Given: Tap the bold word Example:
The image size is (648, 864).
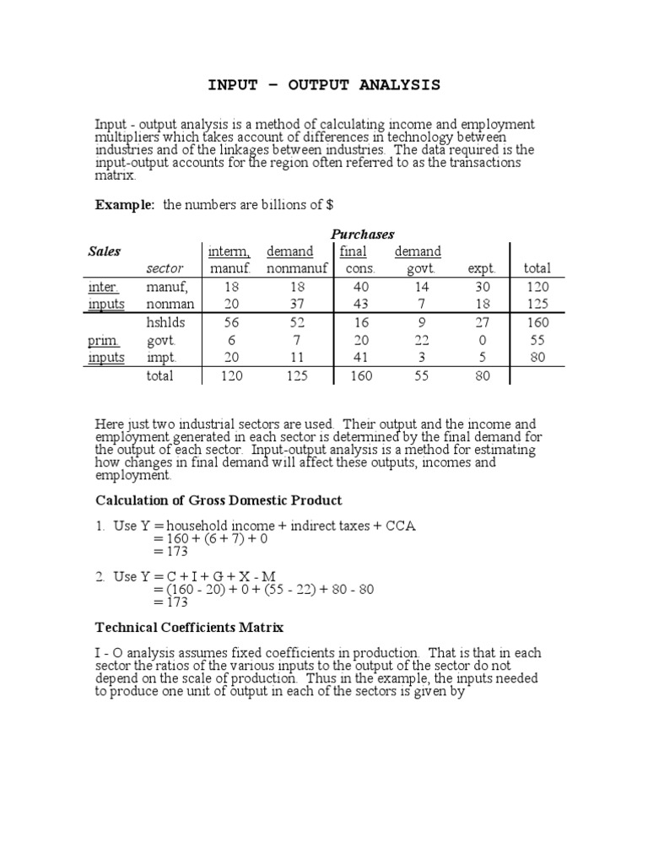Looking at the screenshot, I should (x=125, y=205).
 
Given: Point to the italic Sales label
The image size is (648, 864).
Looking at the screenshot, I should (x=105, y=251).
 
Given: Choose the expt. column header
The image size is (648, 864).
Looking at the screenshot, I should (x=483, y=268).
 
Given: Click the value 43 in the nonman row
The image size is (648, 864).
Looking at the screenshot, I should (x=360, y=303).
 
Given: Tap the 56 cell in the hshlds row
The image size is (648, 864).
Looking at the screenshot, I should (x=230, y=322).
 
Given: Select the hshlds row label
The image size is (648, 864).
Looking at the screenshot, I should (x=165, y=322).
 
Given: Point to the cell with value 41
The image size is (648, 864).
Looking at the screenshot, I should (x=360, y=358).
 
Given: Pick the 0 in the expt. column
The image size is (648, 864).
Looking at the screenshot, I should (x=483, y=340).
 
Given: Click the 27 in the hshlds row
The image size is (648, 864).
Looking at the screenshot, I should (x=483, y=322).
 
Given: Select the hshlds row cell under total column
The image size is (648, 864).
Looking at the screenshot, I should (x=537, y=322).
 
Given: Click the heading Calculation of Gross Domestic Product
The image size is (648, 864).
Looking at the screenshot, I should (x=219, y=501).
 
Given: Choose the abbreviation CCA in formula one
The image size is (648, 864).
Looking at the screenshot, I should (x=399, y=526).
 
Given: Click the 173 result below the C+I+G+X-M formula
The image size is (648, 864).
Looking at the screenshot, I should (x=170, y=602).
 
